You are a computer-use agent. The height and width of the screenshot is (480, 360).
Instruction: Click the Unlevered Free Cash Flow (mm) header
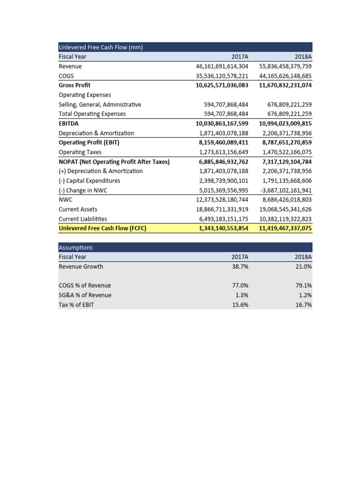100,47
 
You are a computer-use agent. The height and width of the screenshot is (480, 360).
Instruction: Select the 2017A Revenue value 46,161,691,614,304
222,66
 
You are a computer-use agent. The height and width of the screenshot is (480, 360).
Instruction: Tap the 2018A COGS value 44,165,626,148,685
285,76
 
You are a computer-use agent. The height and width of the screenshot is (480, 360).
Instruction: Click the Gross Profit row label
75,85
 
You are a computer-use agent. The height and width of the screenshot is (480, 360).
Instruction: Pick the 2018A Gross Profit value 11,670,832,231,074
285,85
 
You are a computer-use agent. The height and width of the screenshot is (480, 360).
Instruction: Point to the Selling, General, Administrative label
99,105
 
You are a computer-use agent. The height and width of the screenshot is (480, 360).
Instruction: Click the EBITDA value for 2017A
222,124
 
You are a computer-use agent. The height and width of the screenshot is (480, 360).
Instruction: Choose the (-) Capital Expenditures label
89,180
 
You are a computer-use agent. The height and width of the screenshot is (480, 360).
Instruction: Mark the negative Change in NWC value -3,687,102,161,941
285,190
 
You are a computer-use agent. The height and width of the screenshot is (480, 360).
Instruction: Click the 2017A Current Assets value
222,210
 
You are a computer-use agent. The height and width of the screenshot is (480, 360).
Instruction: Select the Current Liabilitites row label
82,219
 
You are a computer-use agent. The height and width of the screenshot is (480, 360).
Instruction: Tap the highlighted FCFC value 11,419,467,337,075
285,229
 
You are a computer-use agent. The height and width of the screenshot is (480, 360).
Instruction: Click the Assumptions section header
75,247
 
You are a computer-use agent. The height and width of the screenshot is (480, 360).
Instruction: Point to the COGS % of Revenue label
85,285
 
